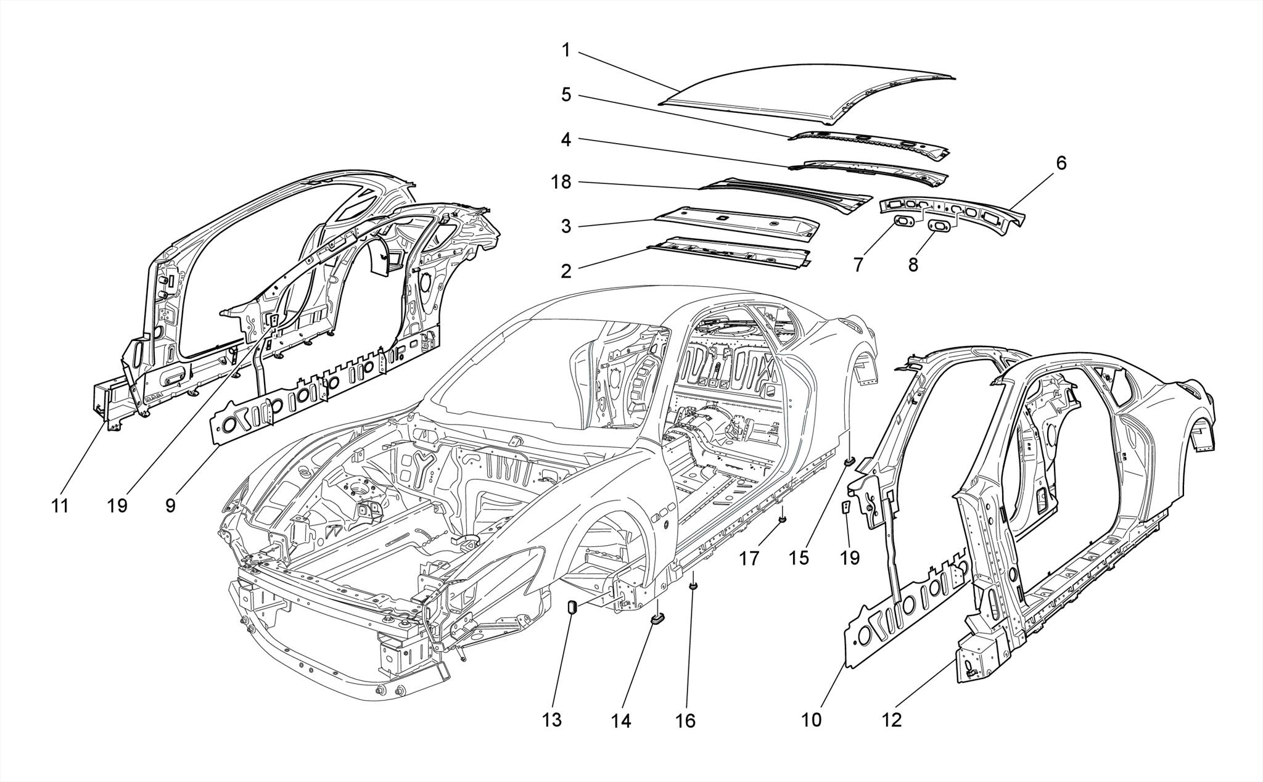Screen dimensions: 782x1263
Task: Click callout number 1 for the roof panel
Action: coord(566,51)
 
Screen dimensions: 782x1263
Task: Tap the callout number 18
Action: coord(561,183)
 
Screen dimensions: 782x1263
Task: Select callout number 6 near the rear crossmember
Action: coord(1061,163)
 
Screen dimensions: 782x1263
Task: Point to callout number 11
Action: coord(60,506)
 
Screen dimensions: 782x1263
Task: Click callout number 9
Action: coord(170,506)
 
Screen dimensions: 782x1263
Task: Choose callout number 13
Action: coord(552,720)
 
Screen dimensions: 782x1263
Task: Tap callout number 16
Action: coord(685,721)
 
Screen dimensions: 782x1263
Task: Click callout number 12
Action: coord(892,720)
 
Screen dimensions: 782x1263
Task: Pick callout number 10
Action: coord(812,720)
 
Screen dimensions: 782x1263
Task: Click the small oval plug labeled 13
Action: coord(571,607)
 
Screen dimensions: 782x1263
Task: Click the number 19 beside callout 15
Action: coord(850,558)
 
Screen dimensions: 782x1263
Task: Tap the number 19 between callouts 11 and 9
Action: coord(117,506)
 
